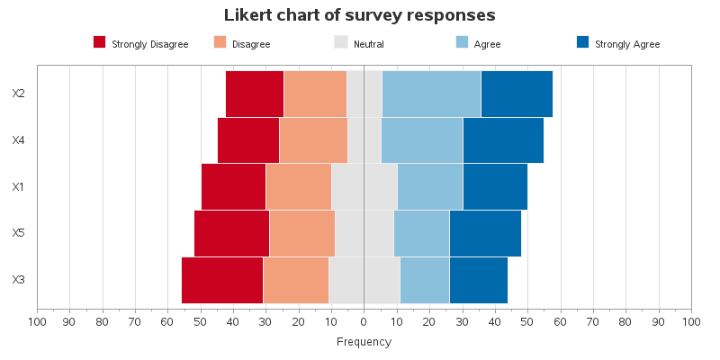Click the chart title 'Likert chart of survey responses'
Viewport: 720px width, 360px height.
coord(359,15)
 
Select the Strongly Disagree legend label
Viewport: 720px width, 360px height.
coord(149,44)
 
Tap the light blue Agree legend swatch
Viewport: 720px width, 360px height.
coord(463,42)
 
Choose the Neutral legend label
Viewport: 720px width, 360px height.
coord(369,44)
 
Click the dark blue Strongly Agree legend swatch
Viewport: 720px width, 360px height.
coord(582,42)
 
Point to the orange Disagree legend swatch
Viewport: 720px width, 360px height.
coord(220,42)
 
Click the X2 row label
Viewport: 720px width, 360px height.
coord(19,94)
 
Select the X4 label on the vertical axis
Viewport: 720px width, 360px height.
coord(19,140)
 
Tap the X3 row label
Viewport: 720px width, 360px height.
coord(19,280)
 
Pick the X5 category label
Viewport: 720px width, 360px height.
coord(19,233)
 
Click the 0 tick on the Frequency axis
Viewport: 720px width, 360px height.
coord(364,320)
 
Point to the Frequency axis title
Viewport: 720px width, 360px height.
coord(364,342)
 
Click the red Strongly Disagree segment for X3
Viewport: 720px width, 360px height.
coord(222,280)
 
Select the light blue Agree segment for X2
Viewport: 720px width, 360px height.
coord(431,94)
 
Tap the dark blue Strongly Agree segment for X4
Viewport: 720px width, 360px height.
coord(503,140)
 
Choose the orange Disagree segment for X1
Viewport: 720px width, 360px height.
coord(299,186)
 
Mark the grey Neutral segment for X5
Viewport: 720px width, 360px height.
coord(364,233)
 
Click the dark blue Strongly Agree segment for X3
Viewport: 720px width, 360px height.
coord(478,280)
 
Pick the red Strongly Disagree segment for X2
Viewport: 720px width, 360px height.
coord(255,94)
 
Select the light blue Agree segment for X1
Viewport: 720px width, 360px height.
coord(429,186)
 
